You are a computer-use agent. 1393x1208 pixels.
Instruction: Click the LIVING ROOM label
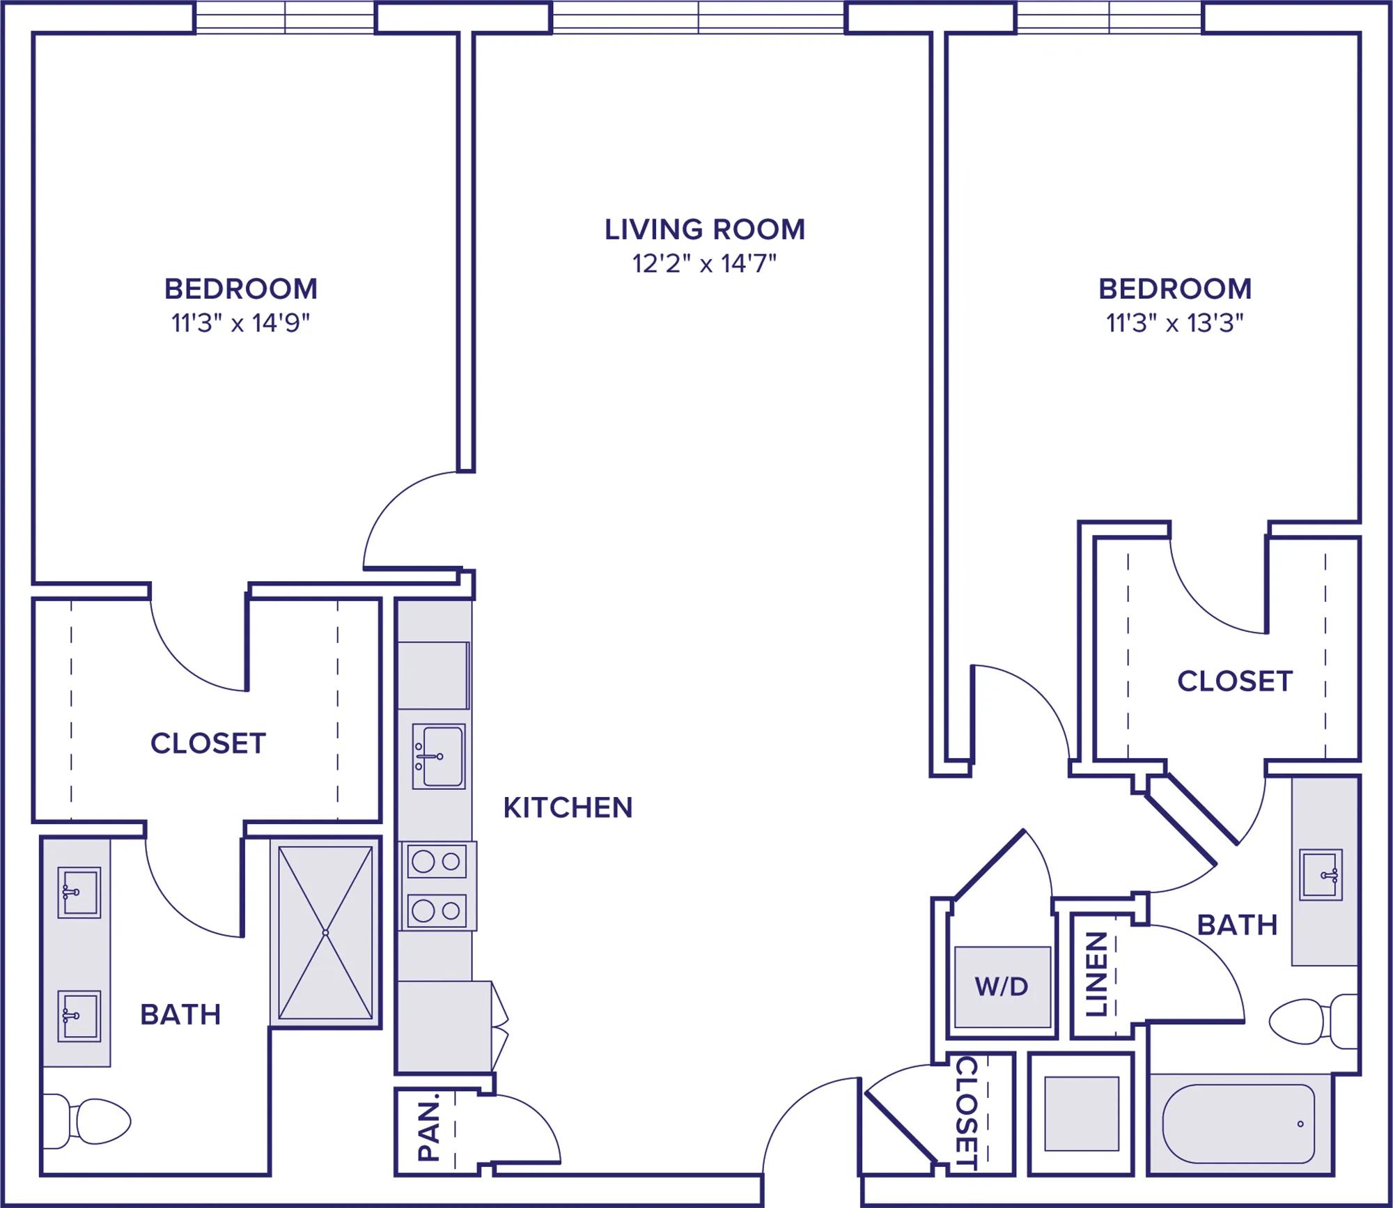(704, 229)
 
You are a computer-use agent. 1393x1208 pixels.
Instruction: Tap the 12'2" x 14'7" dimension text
(704, 263)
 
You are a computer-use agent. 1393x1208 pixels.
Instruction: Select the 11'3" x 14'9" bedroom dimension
(240, 323)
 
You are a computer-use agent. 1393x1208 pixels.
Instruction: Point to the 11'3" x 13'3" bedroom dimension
(1175, 323)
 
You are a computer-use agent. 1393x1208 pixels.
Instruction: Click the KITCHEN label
(568, 807)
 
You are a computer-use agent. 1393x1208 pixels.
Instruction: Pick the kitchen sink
(438, 757)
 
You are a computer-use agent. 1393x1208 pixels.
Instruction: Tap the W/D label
(1002, 986)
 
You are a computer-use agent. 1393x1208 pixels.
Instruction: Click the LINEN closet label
(1096, 974)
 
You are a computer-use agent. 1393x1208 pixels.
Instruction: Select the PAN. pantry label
(428, 1126)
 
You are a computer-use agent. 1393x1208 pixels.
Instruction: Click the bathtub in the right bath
(1238, 1124)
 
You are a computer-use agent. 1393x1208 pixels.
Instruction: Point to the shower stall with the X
(325, 932)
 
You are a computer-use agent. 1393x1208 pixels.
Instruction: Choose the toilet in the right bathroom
(1314, 1021)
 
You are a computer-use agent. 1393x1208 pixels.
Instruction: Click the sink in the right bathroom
(1321, 875)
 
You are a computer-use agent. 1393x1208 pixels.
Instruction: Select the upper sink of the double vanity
(79, 892)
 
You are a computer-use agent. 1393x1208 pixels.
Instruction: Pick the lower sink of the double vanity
(79, 1016)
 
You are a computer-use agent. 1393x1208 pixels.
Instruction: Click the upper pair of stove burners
(437, 862)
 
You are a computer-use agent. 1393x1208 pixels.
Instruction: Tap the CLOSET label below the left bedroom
(208, 743)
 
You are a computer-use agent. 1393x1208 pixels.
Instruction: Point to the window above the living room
(698, 17)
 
